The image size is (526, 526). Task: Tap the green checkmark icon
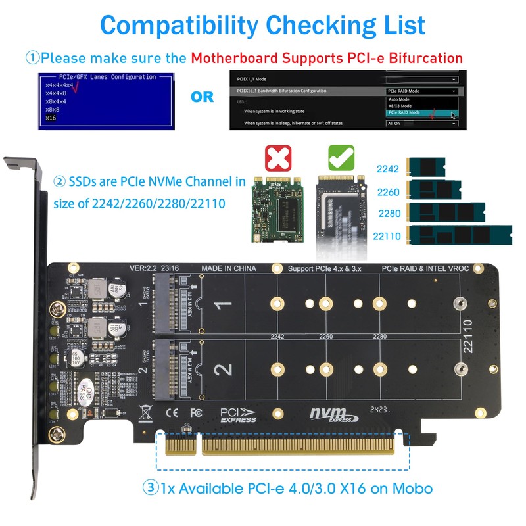pyautogui.click(x=341, y=157)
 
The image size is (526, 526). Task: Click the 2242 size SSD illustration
pyautogui.click(x=427, y=169)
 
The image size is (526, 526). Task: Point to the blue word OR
pyautogui.click(x=202, y=97)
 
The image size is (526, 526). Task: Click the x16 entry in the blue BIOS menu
pyautogui.click(x=51, y=118)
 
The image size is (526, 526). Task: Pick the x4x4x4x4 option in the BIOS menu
pyautogui.click(x=59, y=85)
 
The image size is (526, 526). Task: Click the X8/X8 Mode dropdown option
pyautogui.click(x=400, y=105)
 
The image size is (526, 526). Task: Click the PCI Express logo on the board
pyautogui.click(x=237, y=415)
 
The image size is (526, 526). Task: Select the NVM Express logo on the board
pyautogui.click(x=333, y=415)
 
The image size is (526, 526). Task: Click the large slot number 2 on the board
pyautogui.click(x=224, y=368)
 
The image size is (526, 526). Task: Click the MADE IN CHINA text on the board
pyautogui.click(x=229, y=269)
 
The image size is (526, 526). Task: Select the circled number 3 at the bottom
pyautogui.click(x=151, y=488)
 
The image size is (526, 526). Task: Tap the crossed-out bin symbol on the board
pyautogui.click(x=145, y=414)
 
